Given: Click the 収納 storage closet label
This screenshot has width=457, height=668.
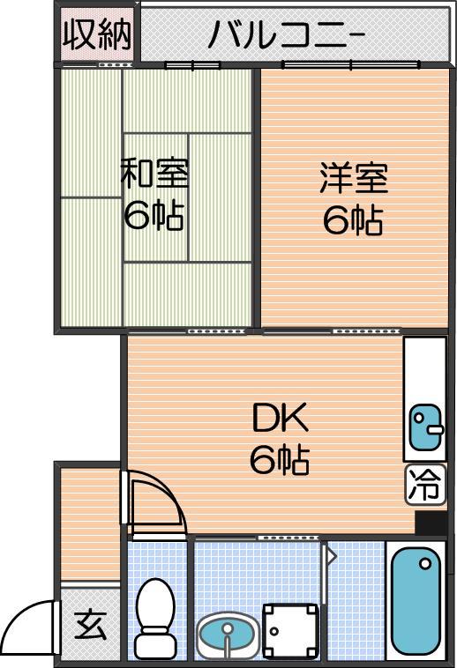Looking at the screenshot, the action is [x=97, y=36].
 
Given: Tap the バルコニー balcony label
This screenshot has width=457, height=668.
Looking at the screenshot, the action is [x=287, y=35].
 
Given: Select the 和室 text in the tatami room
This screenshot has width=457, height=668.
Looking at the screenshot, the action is [x=154, y=174].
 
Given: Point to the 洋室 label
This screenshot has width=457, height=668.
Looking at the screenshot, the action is [x=354, y=178].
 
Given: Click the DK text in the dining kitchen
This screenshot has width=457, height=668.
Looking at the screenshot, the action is [x=280, y=419].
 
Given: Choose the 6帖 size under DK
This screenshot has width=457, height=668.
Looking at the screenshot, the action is [x=280, y=460].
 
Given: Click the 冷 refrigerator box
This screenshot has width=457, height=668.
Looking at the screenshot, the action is [x=424, y=486].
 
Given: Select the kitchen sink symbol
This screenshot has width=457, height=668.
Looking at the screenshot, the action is [x=426, y=427].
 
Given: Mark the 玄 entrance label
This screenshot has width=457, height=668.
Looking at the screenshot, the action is [x=90, y=626].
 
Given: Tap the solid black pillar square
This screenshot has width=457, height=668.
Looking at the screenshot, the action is [x=431, y=523].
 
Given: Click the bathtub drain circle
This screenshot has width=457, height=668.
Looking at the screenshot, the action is [x=425, y=564].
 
